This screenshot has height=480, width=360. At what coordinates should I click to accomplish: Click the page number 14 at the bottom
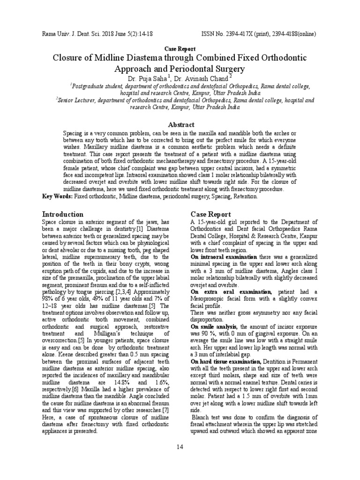[180, 447]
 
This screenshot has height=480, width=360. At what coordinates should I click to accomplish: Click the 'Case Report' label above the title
[180, 49]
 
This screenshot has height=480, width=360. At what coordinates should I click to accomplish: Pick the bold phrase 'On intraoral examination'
[224, 257]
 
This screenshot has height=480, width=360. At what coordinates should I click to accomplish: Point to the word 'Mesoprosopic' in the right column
[211, 299]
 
